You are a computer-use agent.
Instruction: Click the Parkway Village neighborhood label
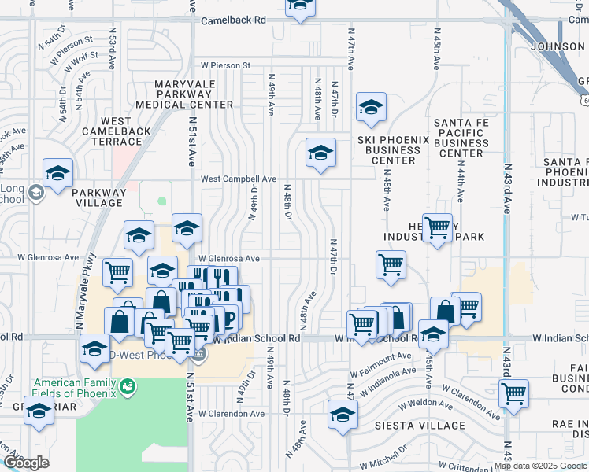click(x=98, y=197)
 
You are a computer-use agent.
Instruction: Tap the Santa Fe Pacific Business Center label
click(x=461, y=138)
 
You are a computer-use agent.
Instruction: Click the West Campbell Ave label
click(x=238, y=179)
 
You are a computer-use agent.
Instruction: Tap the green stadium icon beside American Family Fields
click(x=127, y=386)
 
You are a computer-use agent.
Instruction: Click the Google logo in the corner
click(x=26, y=463)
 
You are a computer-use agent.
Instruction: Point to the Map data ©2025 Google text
click(x=539, y=466)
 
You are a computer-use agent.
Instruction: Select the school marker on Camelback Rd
click(x=299, y=8)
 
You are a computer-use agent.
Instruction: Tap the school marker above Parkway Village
click(x=57, y=173)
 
